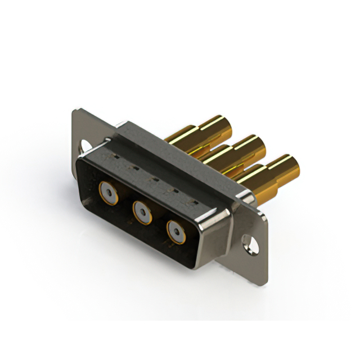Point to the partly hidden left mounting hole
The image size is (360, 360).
pos(85,145)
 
